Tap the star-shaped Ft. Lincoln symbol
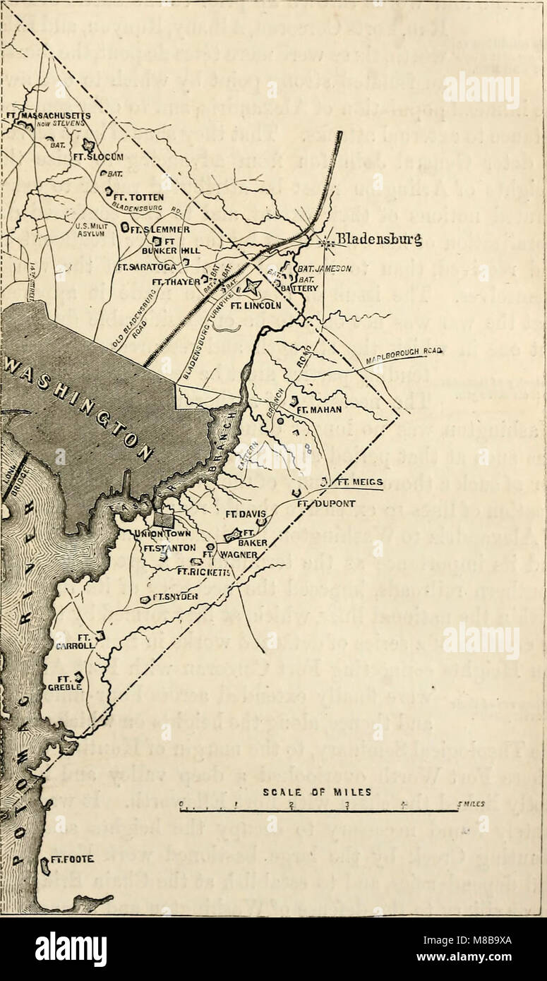click(252, 287)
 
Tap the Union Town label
click(160, 534)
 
